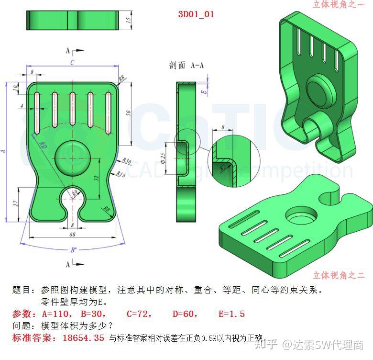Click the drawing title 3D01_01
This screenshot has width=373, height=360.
pos(196,14)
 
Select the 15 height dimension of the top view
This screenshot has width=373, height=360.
pos(129,20)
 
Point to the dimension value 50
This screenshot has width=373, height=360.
pos(128,112)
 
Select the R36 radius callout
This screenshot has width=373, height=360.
pos(127,161)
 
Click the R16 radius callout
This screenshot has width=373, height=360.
pos(121,175)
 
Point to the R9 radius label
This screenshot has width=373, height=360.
pos(75,192)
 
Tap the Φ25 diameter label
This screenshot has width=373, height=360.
pos(163,158)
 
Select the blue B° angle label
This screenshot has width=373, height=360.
pos(73,250)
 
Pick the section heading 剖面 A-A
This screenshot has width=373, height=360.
pos(186,66)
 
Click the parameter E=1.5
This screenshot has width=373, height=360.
pos(231,314)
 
